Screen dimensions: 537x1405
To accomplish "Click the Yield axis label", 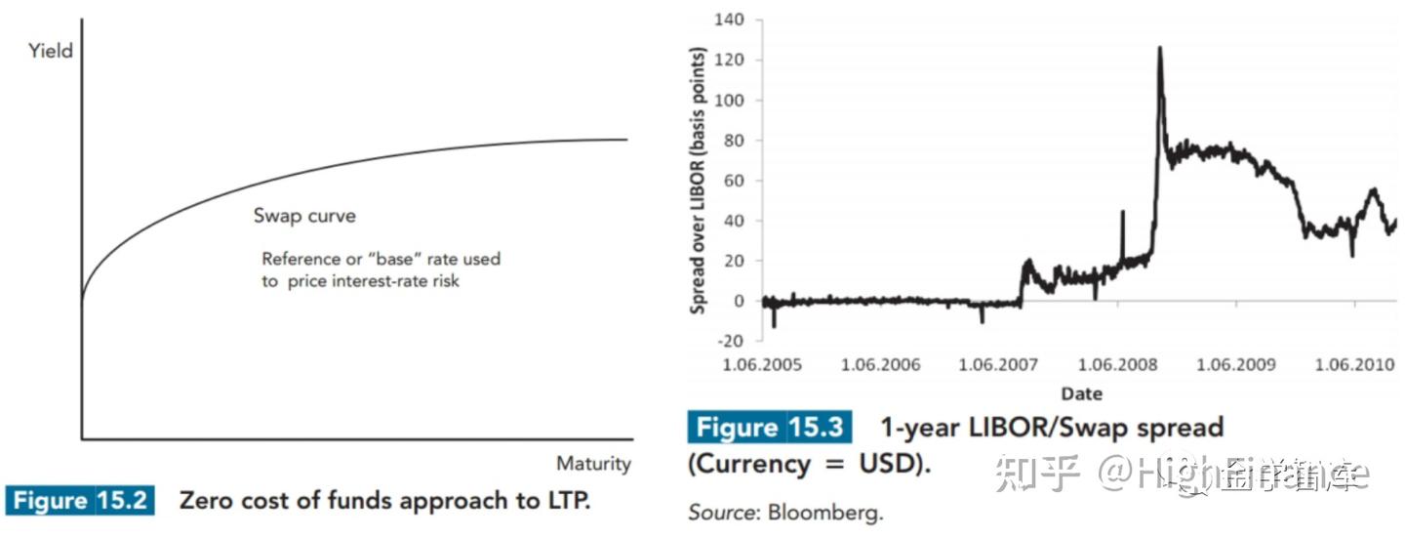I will point(51,50).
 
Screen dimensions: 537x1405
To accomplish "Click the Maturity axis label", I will point(593,463).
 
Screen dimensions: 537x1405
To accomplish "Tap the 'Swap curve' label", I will point(303,216).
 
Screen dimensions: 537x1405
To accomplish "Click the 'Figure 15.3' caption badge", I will point(770,428).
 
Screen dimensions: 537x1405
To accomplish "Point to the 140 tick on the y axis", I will point(729,20).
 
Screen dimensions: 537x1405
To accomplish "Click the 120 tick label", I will point(729,60).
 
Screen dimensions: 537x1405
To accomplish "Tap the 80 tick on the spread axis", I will point(733,141).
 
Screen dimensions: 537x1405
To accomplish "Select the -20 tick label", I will point(729,341).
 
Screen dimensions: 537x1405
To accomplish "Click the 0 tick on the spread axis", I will point(738,301).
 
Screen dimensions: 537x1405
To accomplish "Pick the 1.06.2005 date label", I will point(761,365).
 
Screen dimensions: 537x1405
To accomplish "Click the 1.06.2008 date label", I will point(1117,365).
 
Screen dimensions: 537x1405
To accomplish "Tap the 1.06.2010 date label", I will point(1355,365).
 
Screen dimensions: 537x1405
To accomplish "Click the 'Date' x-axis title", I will point(1080,393).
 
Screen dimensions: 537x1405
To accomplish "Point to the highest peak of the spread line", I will point(1159,47).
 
